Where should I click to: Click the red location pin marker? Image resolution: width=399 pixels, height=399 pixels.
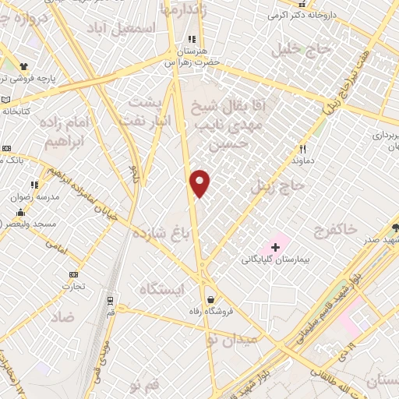point(200,183)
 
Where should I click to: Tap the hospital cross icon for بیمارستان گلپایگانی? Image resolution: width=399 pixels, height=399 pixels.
point(275,247)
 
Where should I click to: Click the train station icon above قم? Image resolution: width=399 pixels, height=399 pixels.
point(111,299)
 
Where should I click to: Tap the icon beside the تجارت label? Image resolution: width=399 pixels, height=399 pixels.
point(74,274)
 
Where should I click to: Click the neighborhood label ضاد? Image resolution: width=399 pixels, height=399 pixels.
point(63,317)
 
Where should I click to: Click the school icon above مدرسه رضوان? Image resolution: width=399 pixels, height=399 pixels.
point(34,185)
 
